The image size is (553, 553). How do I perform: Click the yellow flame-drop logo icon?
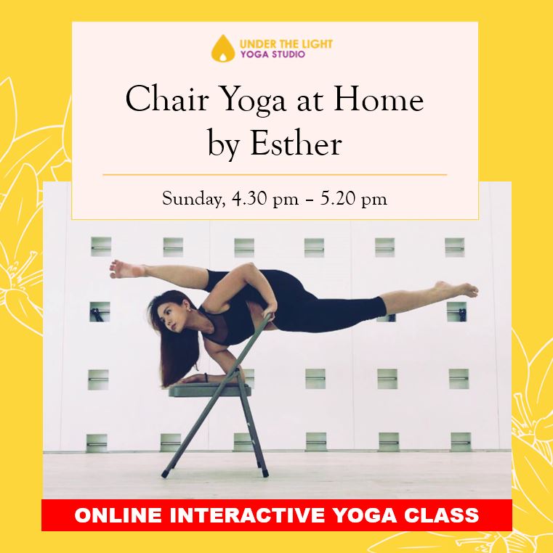coord(223,49)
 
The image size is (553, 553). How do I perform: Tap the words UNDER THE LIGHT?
coord(286,44)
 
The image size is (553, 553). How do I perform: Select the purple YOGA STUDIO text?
coord(273,54)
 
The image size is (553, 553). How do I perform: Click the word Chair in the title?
coord(166,100)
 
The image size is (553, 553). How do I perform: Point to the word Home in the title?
coord(379,100)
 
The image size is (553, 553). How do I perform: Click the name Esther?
coord(296,144)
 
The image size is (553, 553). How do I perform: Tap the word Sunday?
coord(193,200)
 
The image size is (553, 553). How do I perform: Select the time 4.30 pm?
coord(265,200)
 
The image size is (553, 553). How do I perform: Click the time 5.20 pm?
coord(353,200)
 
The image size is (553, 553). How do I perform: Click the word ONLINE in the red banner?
coord(118,515)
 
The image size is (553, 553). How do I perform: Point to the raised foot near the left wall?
coord(126,269)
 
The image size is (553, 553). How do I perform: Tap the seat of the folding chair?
coord(210,390)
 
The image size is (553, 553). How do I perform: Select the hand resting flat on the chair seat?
coord(193,380)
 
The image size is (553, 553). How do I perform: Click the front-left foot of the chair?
coord(165,474)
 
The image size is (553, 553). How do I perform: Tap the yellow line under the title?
coord(275,175)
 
